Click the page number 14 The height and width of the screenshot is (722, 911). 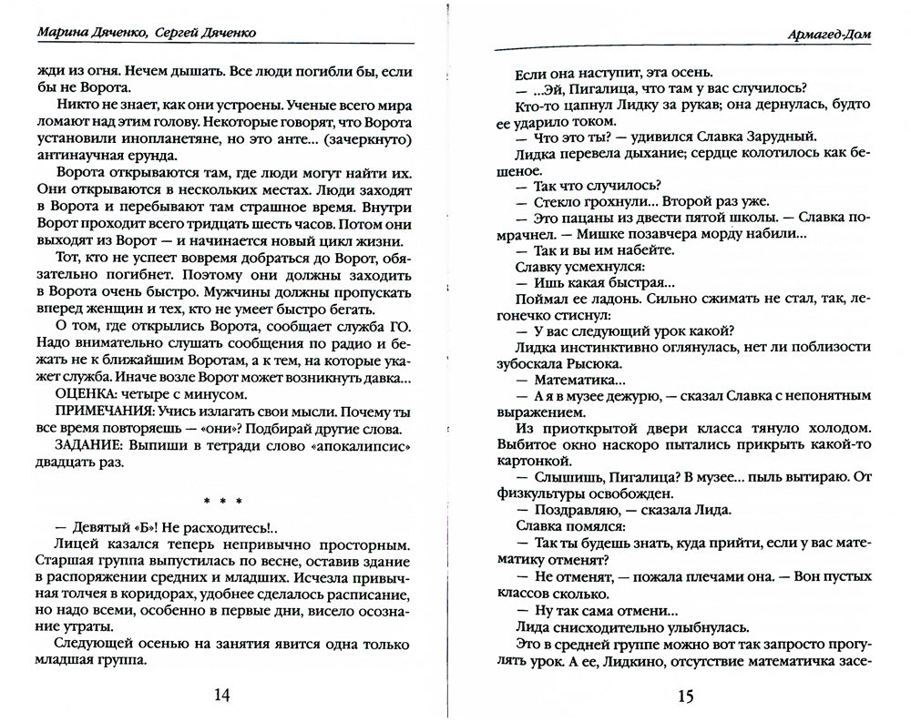click(222, 697)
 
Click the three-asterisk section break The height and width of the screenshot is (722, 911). click(222, 499)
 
